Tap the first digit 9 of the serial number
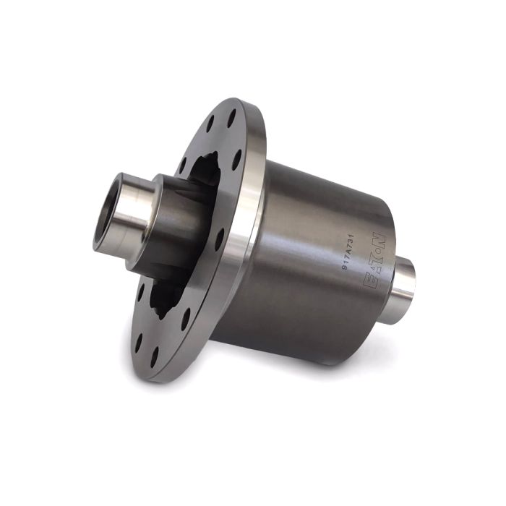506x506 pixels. [x=344, y=266]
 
